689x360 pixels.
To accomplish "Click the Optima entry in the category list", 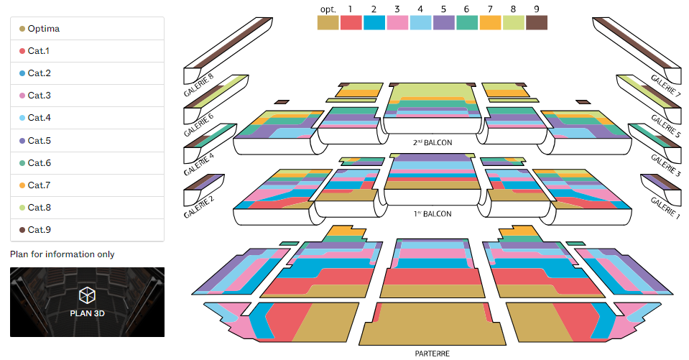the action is coord(87,29).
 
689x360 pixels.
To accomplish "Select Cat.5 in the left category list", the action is coord(87,141).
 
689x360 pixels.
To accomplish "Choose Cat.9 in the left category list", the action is coord(87,230).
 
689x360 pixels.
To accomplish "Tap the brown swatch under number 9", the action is coord(537,23).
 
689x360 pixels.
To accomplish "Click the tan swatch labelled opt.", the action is coord(328,23).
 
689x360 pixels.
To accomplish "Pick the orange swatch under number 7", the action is coord(491,23).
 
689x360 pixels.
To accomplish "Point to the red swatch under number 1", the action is coord(351,23).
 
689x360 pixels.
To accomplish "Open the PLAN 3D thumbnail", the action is coord(88,302).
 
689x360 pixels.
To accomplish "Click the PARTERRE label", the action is coord(433,354).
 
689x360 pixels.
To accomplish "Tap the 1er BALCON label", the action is coord(433,214).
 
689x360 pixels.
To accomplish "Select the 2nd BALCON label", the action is coord(433,142).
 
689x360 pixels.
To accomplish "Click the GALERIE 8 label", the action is coord(198,84).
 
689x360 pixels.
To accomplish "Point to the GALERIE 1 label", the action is coord(665,208).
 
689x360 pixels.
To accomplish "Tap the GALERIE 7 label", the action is coord(666,86).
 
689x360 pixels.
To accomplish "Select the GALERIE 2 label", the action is coord(198,207).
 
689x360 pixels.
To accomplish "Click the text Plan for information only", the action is coord(63,254).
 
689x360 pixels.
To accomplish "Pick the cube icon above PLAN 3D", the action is coord(87,295).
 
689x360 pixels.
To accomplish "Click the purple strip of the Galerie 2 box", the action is coord(209,182).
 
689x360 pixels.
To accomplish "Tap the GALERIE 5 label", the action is coord(666,126).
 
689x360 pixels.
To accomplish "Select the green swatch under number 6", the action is coord(467,23).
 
